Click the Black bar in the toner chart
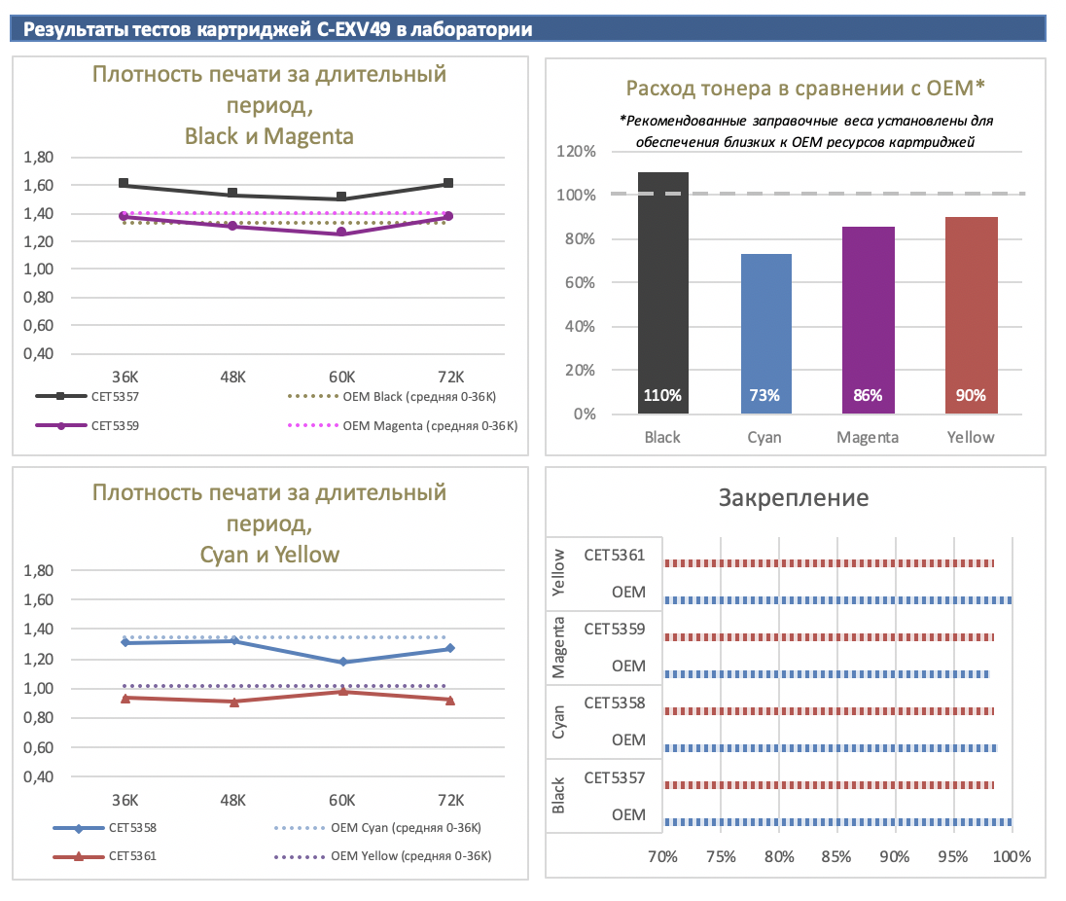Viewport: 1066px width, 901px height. click(x=662, y=293)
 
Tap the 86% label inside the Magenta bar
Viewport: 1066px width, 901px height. click(x=869, y=396)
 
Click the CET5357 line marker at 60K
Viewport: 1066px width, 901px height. click(x=341, y=198)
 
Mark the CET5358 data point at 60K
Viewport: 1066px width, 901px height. click(x=341, y=663)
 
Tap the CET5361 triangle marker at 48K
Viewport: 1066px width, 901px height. click(x=233, y=702)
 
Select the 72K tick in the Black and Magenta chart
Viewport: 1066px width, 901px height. click(x=450, y=377)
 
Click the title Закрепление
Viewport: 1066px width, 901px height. click(x=793, y=498)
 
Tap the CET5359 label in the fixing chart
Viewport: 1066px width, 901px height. click(x=614, y=629)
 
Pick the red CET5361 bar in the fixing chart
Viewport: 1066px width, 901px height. click(x=829, y=563)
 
